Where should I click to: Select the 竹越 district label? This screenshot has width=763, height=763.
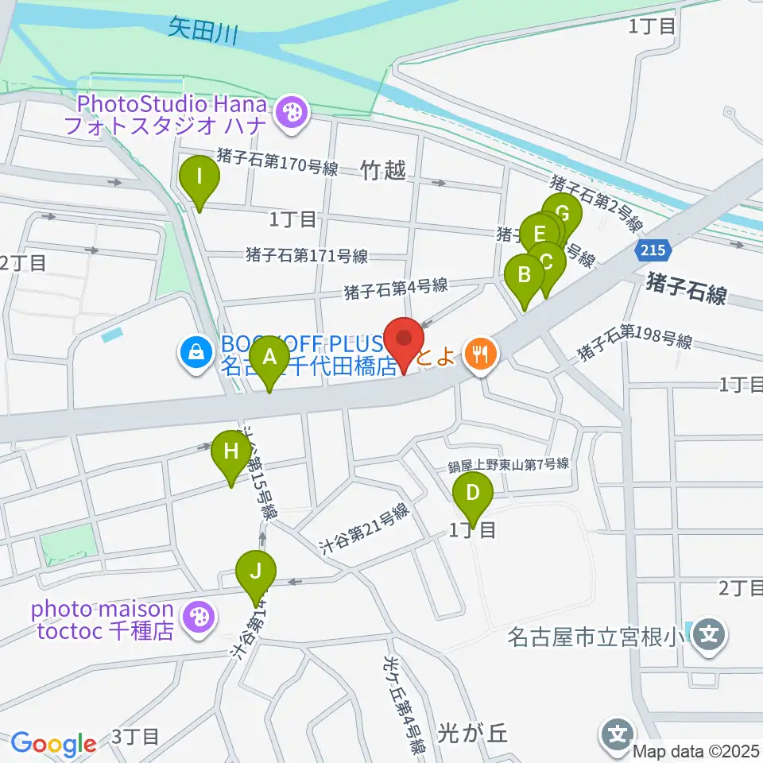click(x=383, y=169)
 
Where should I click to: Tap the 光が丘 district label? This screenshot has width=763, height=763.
click(x=472, y=732)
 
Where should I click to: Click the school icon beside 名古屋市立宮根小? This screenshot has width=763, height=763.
click(x=709, y=635)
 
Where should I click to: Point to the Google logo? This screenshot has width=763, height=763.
click(x=53, y=744)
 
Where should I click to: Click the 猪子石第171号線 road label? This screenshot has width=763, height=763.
click(x=307, y=256)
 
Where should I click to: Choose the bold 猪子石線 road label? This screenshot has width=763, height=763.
click(x=687, y=288)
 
